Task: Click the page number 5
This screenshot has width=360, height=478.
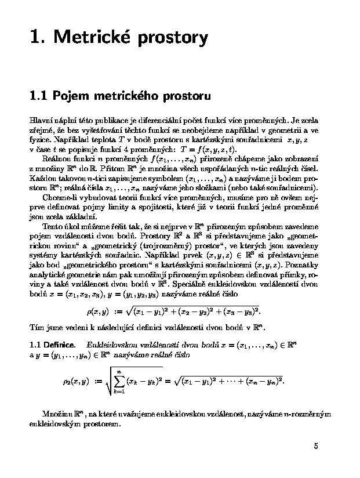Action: click(x=316, y=446)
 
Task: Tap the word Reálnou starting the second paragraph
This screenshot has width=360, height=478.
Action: click(x=56, y=158)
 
